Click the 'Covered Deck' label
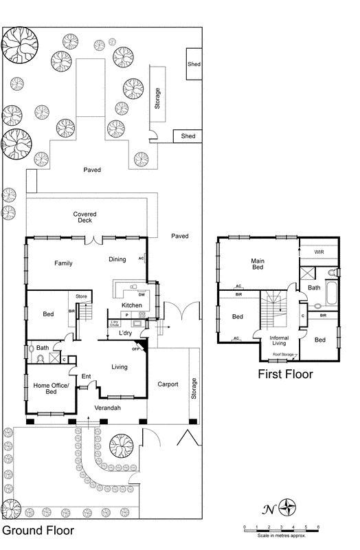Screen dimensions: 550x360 pyautogui.click(x=85, y=218)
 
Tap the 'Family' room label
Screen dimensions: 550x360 pyautogui.click(x=64, y=263)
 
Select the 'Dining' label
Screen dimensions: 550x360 pyautogui.click(x=117, y=259)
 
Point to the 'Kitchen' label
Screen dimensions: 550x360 pyautogui.click(x=131, y=305)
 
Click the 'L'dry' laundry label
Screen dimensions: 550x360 pyautogui.click(x=124, y=333)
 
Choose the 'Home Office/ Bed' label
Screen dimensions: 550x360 pyautogui.click(x=52, y=389)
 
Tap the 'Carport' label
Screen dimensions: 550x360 pyautogui.click(x=168, y=384)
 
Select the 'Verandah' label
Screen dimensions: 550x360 pyautogui.click(x=107, y=408)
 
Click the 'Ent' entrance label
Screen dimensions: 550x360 pyautogui.click(x=87, y=376)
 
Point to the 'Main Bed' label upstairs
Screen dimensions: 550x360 pyautogui.click(x=258, y=264)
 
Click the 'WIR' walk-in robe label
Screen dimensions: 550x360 pyautogui.click(x=319, y=252)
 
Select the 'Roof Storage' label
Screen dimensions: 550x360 pyautogui.click(x=283, y=355)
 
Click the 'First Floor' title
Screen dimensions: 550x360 pyautogui.click(x=285, y=375)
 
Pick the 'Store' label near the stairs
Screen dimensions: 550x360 pyautogui.click(x=81, y=296)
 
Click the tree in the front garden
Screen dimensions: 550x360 pyautogui.click(x=121, y=445)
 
